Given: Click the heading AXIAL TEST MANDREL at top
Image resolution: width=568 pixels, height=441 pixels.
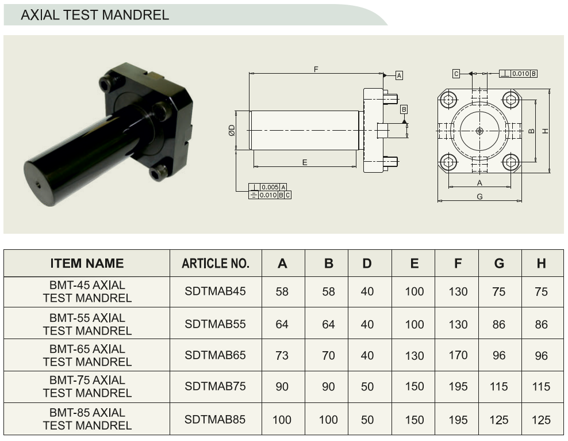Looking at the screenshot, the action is click(x=95, y=15).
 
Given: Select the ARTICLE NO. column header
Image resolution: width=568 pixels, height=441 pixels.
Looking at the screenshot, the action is click(x=216, y=263).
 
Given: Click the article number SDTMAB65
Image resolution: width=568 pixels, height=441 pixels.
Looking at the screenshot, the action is click(x=215, y=355).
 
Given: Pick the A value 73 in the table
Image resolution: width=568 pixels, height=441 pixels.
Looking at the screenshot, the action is click(x=282, y=355).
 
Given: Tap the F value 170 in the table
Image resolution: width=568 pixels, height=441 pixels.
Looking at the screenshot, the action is click(x=458, y=355).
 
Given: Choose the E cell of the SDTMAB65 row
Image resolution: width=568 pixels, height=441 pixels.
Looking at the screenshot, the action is click(x=415, y=355).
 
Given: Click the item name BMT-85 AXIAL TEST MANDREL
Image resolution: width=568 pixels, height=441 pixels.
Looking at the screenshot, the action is click(x=87, y=419).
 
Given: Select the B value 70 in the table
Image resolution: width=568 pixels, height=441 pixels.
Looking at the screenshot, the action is click(x=329, y=355).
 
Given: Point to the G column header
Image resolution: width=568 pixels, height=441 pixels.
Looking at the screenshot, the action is click(x=499, y=263).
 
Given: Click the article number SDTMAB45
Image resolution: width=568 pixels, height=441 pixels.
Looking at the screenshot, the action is click(x=215, y=291).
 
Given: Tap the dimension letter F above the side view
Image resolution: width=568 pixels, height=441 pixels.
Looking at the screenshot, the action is click(x=316, y=69).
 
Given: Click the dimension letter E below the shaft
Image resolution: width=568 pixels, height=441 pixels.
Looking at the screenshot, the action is click(x=305, y=162).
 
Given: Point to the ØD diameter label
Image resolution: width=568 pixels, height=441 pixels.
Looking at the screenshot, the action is click(x=232, y=130).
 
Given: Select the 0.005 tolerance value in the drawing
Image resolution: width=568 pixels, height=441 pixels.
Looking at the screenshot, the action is click(x=270, y=187).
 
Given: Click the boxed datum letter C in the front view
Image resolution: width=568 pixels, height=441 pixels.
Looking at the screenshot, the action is click(x=456, y=74).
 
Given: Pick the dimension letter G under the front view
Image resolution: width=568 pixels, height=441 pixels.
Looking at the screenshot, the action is click(x=479, y=196).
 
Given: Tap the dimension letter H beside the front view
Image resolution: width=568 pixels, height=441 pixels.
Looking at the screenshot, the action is click(x=545, y=131).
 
